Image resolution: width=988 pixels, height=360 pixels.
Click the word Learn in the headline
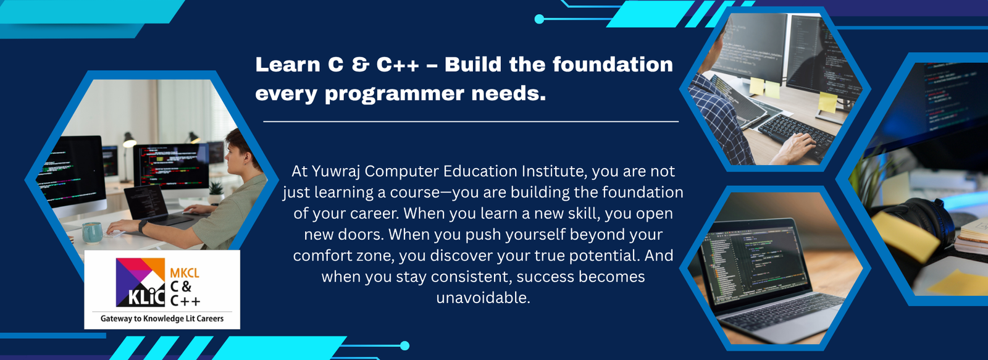(288, 65)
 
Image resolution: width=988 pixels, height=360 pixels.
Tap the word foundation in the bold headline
(613, 65)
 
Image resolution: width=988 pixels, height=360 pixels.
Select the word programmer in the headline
(395, 94)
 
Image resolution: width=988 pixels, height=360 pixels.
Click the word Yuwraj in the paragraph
(337, 171)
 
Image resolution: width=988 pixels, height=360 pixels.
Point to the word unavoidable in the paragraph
(483, 298)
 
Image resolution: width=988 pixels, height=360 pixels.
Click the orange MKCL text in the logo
(185, 273)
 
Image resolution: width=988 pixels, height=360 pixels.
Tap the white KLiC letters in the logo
(146, 298)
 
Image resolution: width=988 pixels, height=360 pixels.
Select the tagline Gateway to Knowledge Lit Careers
(162, 319)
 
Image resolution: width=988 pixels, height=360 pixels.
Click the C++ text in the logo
(185, 301)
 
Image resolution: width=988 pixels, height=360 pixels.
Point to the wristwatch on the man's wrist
(143, 227)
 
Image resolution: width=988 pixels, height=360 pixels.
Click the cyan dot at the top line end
(539, 19)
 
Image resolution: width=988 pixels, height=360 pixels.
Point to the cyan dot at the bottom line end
(404, 345)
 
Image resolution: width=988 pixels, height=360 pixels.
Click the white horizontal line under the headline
(471, 122)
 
